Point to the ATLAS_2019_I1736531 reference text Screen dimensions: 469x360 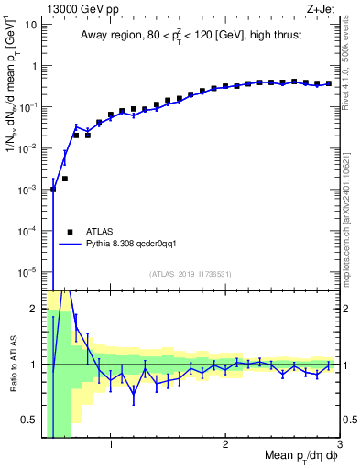tap(191, 274)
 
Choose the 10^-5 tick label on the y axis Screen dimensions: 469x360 tap(27, 272)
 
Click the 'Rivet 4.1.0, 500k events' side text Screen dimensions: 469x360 tap(349, 64)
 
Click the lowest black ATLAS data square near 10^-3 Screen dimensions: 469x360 tap(53, 190)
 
